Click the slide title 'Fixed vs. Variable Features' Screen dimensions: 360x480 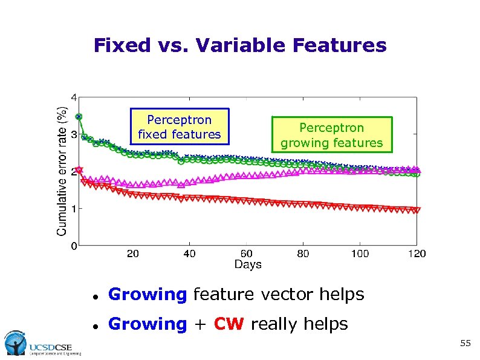click(240, 45)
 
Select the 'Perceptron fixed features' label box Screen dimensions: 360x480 click(180, 127)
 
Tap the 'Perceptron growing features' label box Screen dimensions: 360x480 click(331, 136)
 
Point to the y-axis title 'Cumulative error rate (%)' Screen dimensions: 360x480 click(62, 171)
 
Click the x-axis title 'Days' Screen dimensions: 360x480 click(248, 264)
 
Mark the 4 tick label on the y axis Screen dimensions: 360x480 click(74, 97)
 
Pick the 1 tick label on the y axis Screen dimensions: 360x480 click(74, 209)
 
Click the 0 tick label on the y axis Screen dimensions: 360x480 click(74, 246)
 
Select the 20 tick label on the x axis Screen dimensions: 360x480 click(133, 254)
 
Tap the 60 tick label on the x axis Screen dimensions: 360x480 click(247, 254)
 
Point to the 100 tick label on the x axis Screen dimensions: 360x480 click(360, 254)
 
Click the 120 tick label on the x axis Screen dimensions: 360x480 click(417, 254)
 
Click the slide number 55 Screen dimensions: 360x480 click(465, 344)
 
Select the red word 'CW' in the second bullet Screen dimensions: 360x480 click(229, 324)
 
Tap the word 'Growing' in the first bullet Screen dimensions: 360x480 click(148, 295)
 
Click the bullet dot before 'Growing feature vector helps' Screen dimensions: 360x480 click(95, 296)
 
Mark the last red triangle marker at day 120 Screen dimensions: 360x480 click(417, 211)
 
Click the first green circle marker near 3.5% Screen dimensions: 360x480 click(79, 117)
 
